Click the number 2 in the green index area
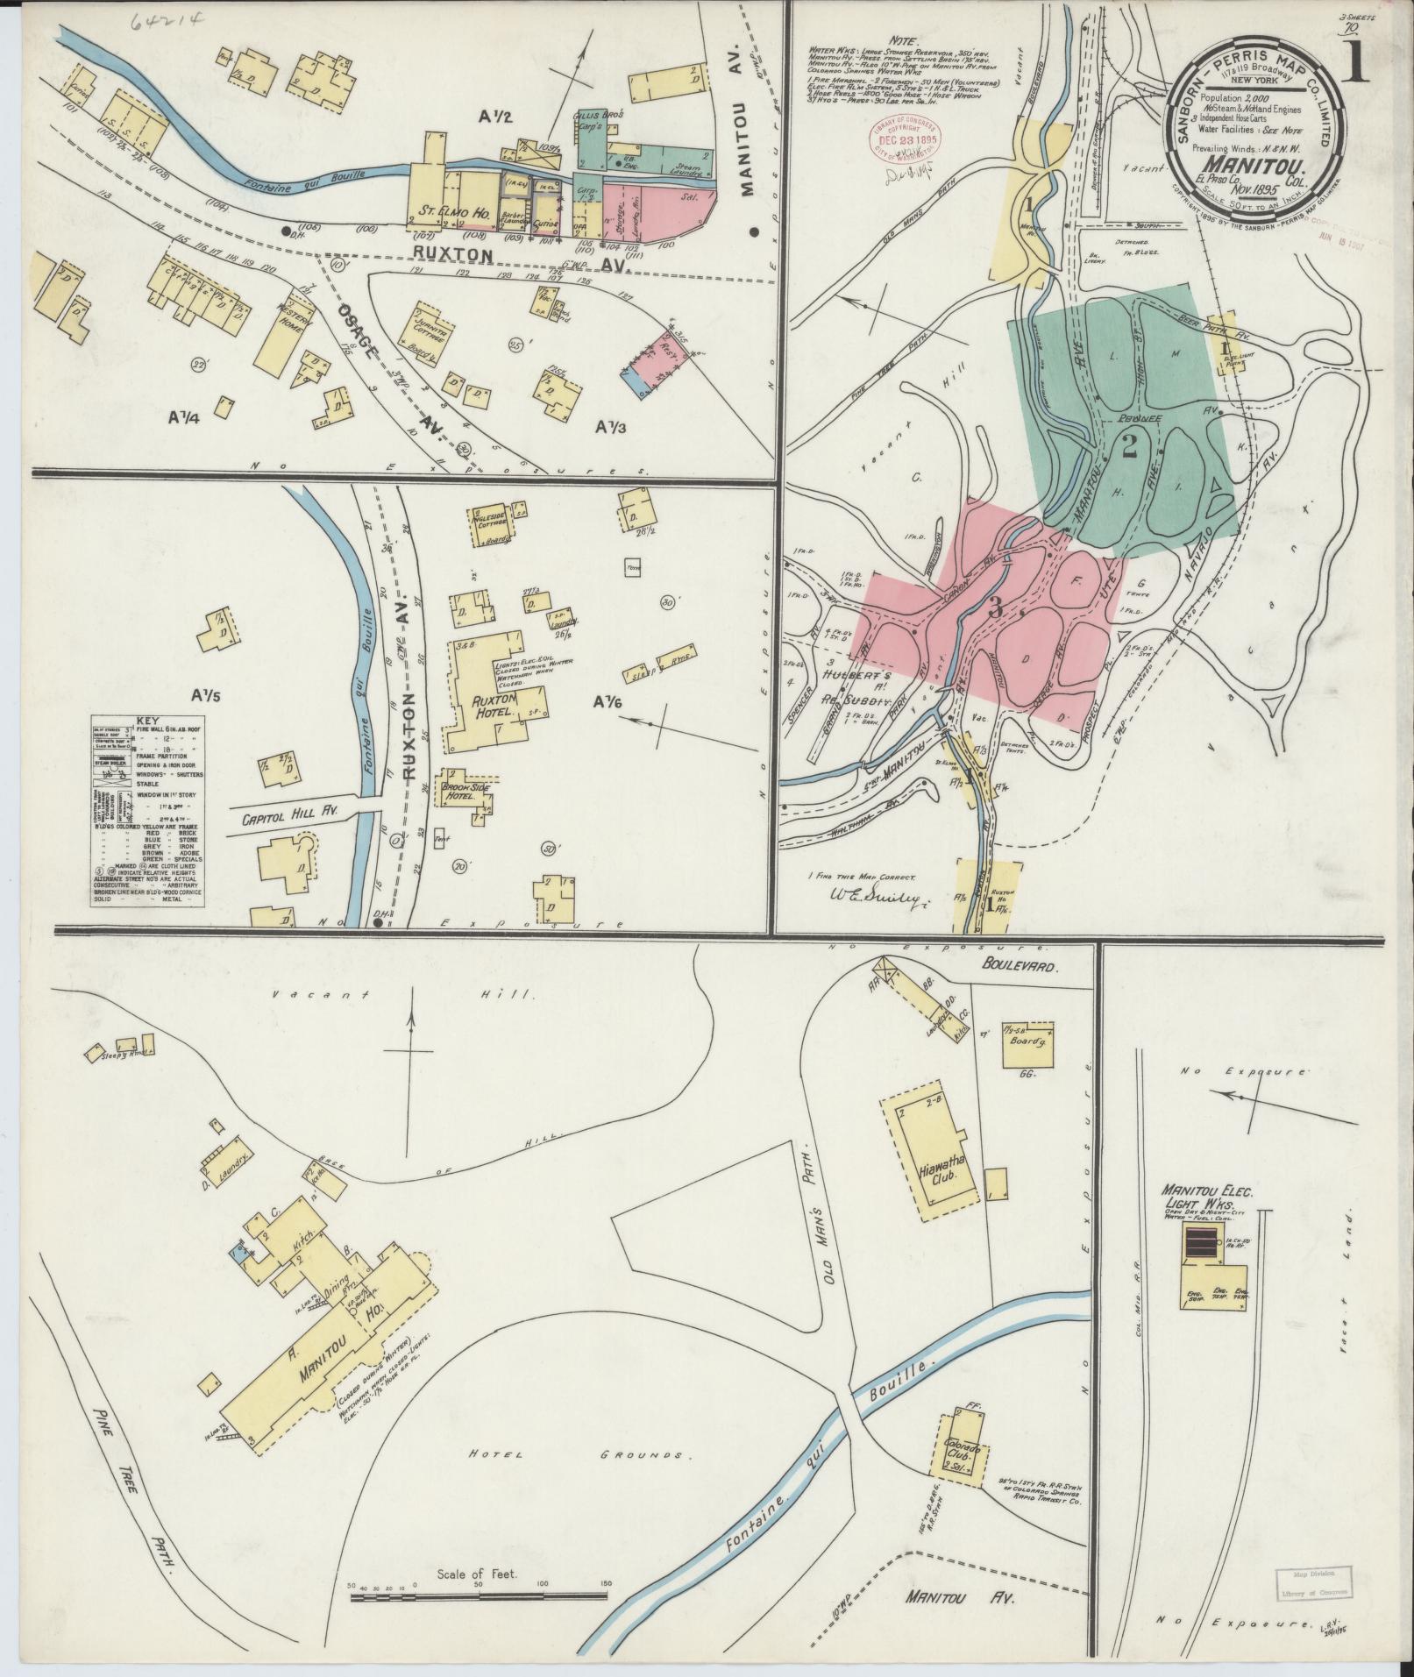click(1129, 448)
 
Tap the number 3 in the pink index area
click(995, 607)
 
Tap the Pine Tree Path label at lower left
click(139, 1482)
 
